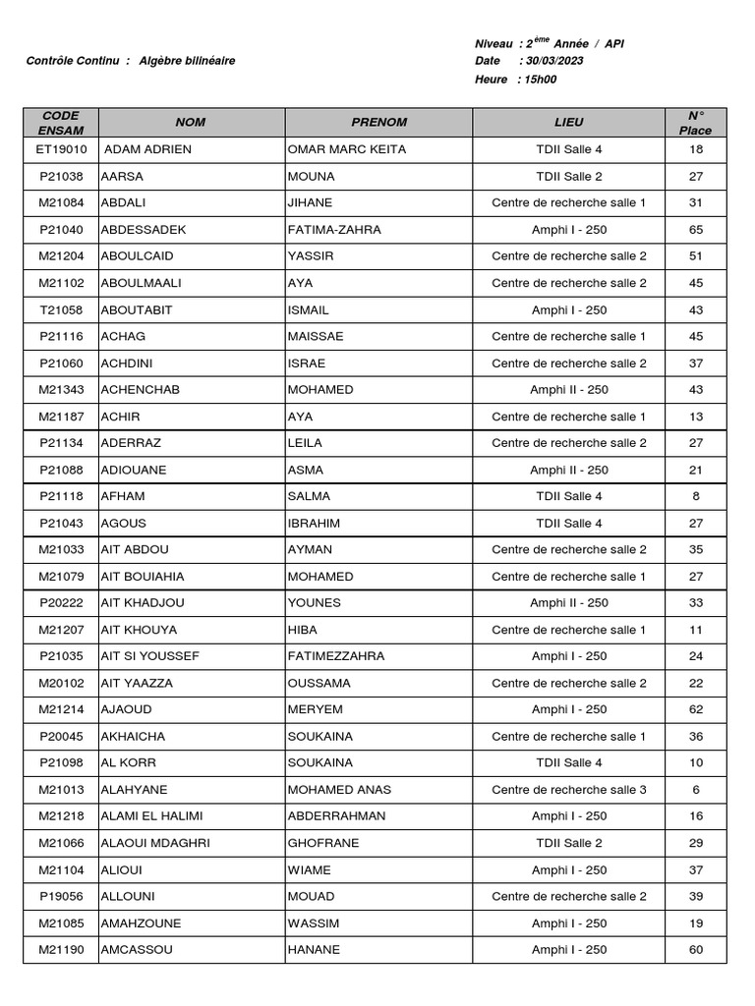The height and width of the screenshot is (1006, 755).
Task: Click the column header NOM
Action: [191, 123]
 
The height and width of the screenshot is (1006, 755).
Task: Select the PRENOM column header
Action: [378, 123]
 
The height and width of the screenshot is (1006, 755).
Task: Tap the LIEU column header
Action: [568, 123]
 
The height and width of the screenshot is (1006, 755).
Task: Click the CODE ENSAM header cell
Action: [61, 123]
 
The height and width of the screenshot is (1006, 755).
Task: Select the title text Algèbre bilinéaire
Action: [187, 61]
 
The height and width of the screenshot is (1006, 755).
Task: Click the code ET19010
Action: [61, 149]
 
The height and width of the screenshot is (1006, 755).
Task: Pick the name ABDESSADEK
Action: [144, 230]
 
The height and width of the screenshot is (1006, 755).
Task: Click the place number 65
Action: [696, 230]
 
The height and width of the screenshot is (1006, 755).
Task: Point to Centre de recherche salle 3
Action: [568, 790]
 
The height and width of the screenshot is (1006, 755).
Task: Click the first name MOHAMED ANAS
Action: [339, 790]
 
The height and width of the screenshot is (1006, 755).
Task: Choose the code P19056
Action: [61, 896]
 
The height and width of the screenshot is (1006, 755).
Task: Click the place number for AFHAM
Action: [696, 496]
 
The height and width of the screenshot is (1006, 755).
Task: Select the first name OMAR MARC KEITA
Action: [346, 149]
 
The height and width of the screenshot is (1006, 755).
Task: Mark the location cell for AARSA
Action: [568, 177]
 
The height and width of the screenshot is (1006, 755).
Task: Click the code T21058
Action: [61, 309]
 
